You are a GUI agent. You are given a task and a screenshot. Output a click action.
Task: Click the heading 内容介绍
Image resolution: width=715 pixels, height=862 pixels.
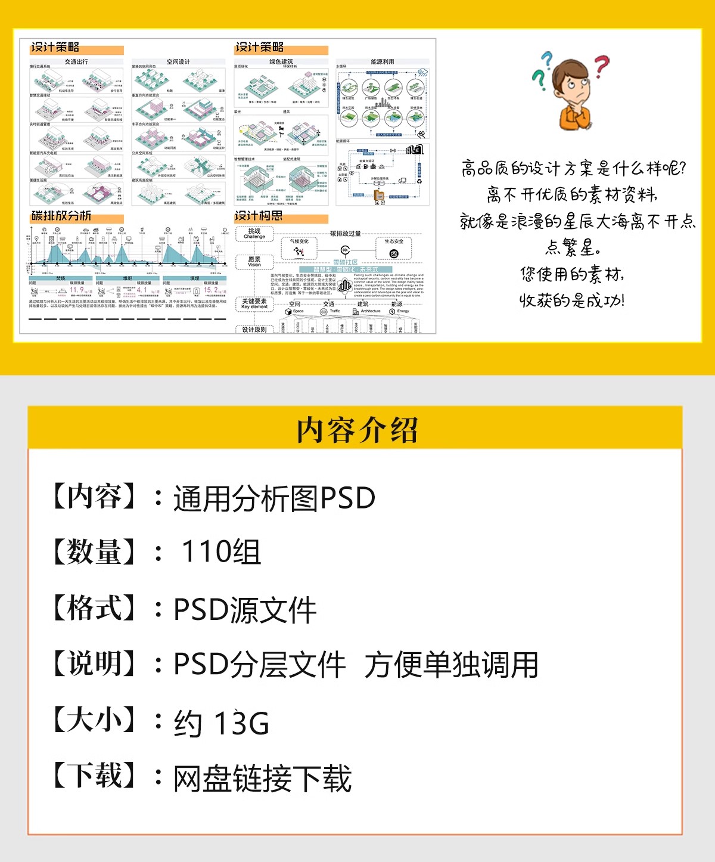(x=357, y=430)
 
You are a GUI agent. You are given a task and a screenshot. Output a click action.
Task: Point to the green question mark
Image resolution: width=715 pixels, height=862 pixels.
(x=539, y=79)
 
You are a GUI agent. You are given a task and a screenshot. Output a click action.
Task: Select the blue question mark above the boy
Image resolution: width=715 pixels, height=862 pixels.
(x=547, y=60)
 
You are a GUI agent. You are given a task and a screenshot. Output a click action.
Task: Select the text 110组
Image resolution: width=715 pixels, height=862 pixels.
(x=221, y=551)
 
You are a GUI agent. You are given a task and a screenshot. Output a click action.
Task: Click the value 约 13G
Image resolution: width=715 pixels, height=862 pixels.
(x=222, y=723)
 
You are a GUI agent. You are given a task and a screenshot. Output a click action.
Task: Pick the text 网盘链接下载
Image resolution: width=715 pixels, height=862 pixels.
(x=262, y=779)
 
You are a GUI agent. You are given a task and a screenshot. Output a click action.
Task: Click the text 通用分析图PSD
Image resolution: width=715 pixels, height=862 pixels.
(x=274, y=498)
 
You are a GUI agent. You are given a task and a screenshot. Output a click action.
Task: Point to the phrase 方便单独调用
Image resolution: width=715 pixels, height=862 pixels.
(x=451, y=665)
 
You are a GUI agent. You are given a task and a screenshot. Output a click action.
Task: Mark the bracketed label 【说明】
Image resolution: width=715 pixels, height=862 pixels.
(x=94, y=663)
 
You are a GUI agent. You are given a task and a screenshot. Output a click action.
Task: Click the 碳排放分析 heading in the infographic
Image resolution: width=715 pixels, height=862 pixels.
(x=61, y=216)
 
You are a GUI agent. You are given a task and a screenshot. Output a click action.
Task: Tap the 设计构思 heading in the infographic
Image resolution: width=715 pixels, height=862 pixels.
(x=259, y=216)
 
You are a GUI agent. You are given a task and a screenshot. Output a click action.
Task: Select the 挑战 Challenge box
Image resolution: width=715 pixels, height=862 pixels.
(x=254, y=234)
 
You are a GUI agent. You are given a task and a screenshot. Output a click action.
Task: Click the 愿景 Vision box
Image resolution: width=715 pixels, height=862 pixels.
(x=254, y=262)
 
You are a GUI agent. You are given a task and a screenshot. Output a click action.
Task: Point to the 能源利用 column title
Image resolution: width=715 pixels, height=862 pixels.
(x=382, y=61)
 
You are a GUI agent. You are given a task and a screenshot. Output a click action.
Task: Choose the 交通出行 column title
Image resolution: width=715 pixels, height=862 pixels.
(x=76, y=61)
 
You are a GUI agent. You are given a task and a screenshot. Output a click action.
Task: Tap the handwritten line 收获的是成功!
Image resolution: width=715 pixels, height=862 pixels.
(x=572, y=300)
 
